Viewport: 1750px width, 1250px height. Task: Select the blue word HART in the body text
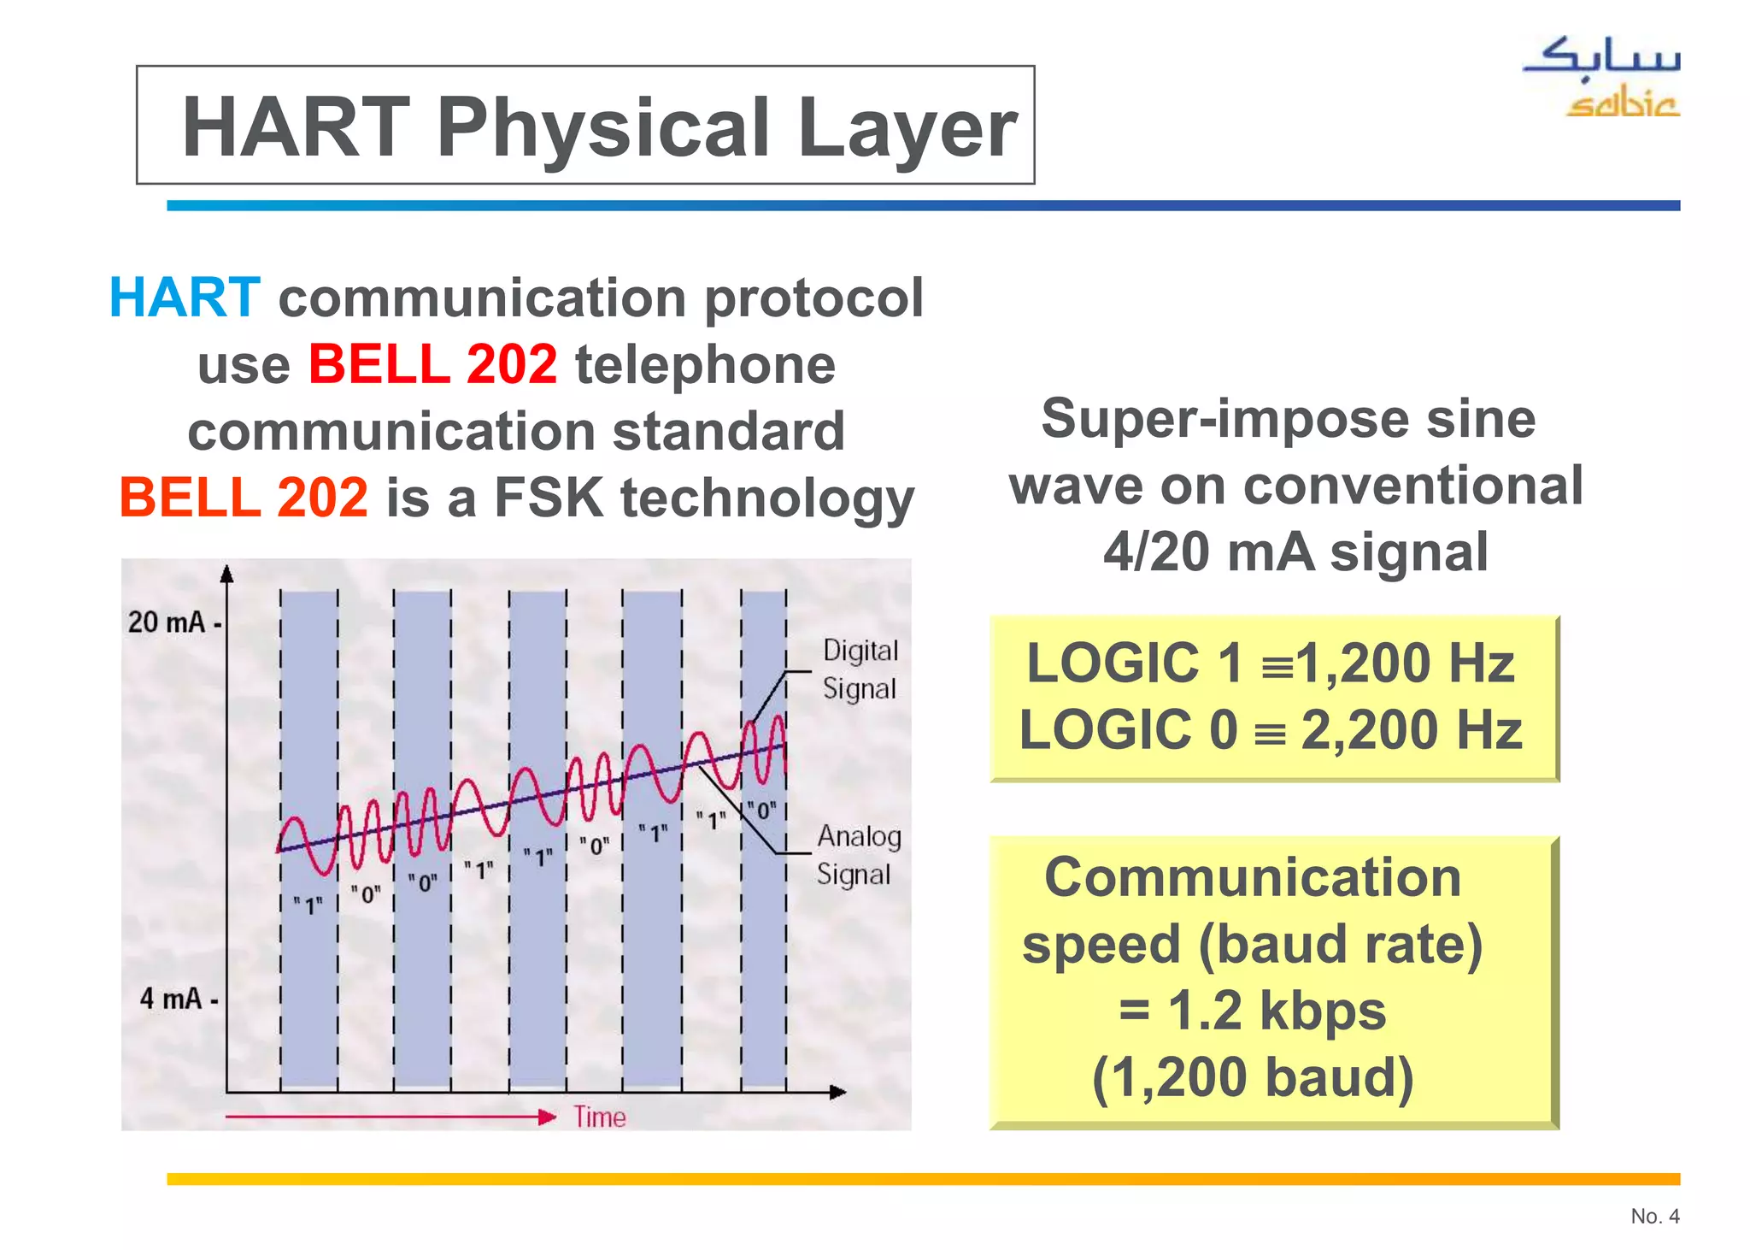coord(184,298)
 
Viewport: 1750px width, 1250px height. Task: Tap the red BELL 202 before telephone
coord(432,364)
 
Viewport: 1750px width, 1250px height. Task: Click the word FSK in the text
coord(549,498)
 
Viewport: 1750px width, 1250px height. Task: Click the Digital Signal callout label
coord(860,669)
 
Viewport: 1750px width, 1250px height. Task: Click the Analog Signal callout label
coord(858,855)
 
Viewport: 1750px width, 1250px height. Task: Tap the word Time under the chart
coord(599,1117)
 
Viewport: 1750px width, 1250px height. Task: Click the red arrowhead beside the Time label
coord(547,1117)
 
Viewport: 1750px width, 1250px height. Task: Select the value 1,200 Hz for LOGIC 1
coord(1405,663)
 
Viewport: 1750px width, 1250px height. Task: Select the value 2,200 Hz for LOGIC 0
coord(1411,730)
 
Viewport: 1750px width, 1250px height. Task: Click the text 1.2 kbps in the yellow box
coord(1276,1011)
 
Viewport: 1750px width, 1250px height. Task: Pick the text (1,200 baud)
coord(1253,1077)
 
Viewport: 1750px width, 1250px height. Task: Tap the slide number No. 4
coord(1654,1216)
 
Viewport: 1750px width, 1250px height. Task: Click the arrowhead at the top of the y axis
coord(226,574)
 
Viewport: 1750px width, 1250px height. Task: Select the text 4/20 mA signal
coord(1295,552)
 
